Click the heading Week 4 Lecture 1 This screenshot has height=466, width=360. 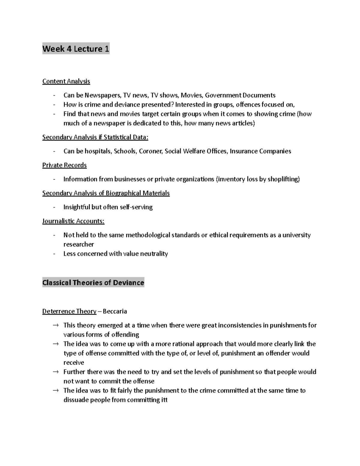pos(76,49)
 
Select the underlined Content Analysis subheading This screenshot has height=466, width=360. pos(66,81)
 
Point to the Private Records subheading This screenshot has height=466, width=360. pos(64,165)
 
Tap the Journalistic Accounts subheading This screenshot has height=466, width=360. pos(73,221)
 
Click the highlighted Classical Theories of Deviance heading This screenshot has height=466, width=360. pos(93,283)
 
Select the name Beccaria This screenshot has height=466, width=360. pos(115,311)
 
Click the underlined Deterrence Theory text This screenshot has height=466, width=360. pos(69,311)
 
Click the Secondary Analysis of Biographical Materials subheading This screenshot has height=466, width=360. pos(106,193)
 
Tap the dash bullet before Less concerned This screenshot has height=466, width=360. pos(54,254)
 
